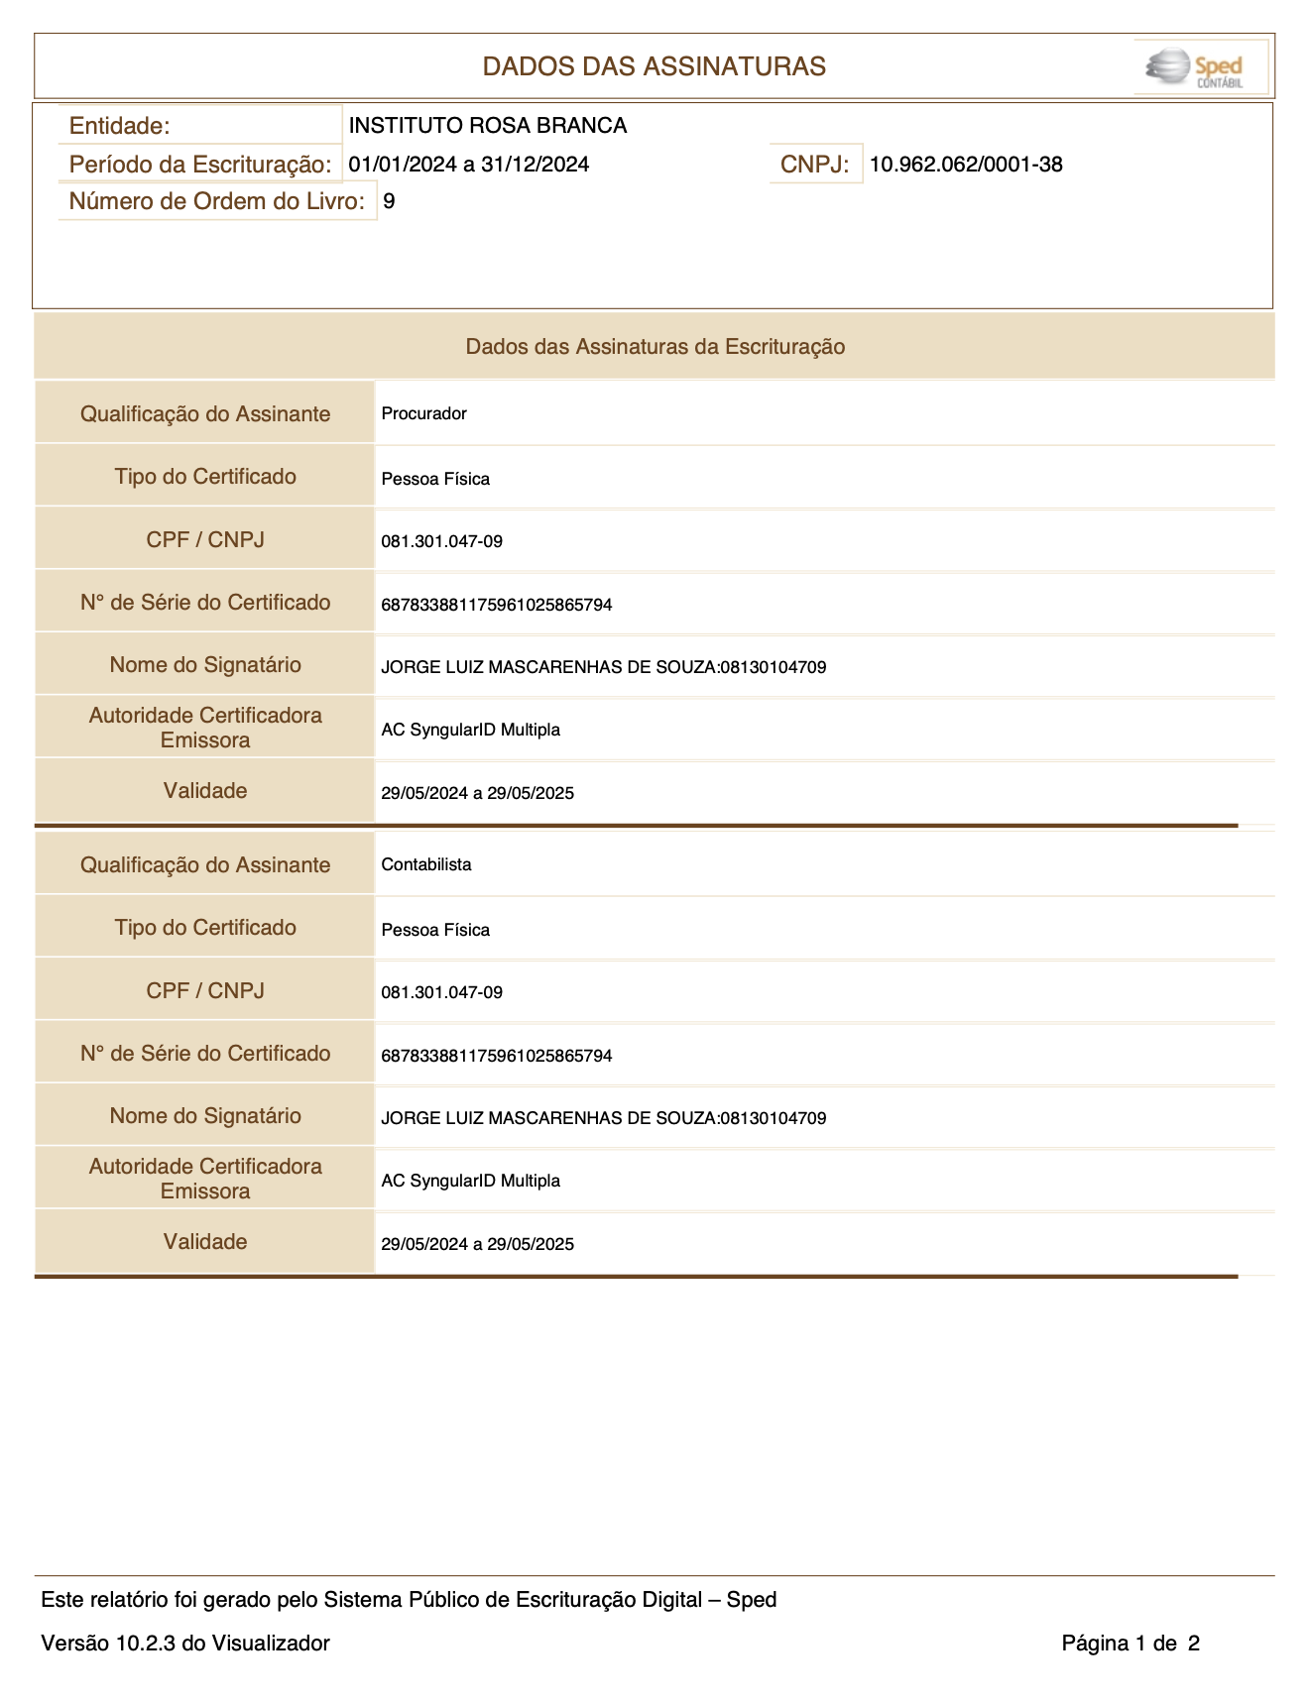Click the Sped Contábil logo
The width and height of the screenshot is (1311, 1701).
[1200, 67]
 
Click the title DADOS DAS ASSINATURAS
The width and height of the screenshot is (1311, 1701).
[654, 66]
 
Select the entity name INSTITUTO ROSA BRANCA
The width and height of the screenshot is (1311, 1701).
[487, 126]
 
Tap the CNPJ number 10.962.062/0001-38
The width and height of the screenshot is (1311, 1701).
[966, 165]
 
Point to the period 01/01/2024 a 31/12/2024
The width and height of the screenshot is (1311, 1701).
[468, 165]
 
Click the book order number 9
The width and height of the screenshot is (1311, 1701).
[389, 201]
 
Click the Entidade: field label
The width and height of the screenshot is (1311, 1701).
[120, 126]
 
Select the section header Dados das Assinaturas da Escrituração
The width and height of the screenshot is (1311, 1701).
[655, 347]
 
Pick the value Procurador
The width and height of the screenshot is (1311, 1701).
[423, 413]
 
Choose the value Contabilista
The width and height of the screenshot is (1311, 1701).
[426, 864]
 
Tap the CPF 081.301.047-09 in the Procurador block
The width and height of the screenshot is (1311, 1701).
[441, 541]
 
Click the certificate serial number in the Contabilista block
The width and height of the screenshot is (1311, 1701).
[496, 1056]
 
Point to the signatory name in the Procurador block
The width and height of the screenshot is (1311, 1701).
[603, 667]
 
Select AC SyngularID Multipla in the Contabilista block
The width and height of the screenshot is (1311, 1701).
[470, 1181]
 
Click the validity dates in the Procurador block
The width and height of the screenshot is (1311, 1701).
[477, 793]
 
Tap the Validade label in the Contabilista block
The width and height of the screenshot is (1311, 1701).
[205, 1242]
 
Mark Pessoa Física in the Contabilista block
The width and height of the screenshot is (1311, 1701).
[435, 930]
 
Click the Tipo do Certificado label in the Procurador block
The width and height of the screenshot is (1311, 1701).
[205, 477]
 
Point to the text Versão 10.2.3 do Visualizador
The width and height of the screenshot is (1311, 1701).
[185, 1644]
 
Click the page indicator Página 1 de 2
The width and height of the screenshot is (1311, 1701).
[1131, 1644]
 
